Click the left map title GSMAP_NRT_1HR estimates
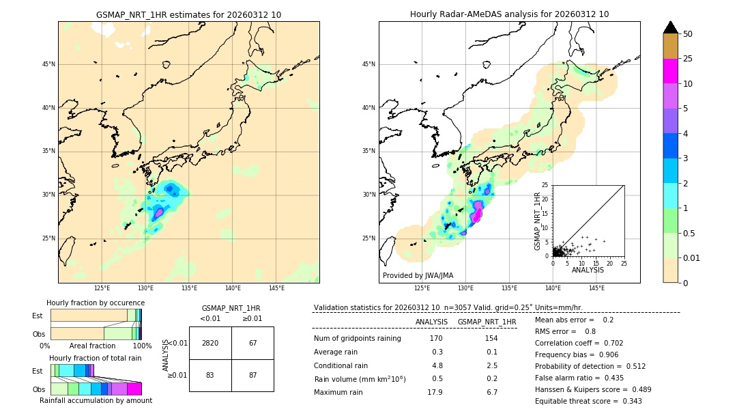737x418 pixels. [188, 14]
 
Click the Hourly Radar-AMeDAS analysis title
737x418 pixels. [509, 14]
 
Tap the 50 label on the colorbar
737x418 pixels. [688, 34]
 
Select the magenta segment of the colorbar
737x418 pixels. [670, 71]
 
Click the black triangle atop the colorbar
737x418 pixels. [670, 27]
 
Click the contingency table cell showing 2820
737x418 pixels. [210, 343]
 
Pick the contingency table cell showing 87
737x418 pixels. [252, 375]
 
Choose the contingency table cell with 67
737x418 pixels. [252, 343]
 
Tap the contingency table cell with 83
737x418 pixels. [210, 375]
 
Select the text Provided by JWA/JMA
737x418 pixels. [418, 275]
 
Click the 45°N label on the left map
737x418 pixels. [48, 64]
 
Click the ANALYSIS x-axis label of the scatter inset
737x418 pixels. [588, 270]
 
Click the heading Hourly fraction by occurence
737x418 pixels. [96, 303]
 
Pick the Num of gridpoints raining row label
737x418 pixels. [357, 338]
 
